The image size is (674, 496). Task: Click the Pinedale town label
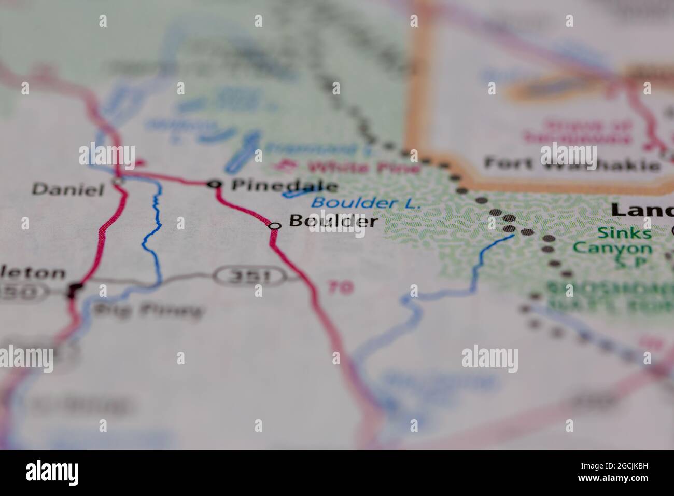[x=284, y=185]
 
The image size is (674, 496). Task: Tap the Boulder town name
[x=333, y=222]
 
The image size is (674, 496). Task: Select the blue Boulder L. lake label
[x=366, y=203]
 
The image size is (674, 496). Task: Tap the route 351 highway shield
[x=251, y=276]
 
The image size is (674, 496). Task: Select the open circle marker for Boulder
[x=275, y=226]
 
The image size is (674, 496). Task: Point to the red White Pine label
[x=347, y=168]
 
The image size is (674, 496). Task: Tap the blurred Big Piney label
[x=147, y=311]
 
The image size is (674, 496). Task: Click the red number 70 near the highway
[x=340, y=287]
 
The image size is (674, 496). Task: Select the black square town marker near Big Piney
[x=76, y=288]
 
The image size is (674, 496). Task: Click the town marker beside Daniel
[x=118, y=181]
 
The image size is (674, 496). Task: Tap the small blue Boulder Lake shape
[x=294, y=194]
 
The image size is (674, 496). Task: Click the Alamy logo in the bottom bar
[x=52, y=472]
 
